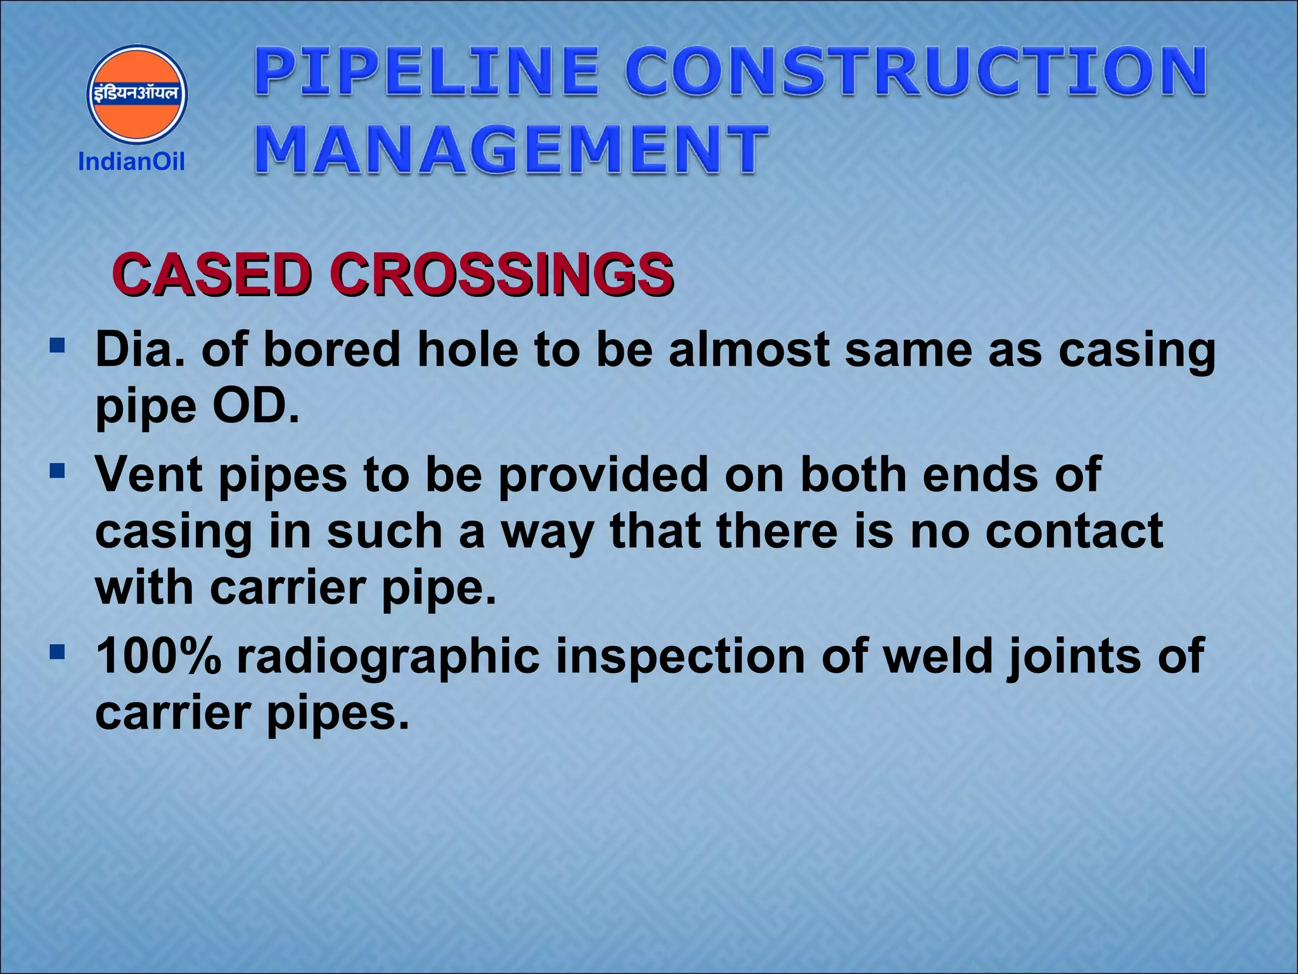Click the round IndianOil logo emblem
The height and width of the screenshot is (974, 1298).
137,94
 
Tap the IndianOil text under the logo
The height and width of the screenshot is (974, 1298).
131,162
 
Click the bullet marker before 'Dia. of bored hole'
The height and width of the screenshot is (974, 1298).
58,346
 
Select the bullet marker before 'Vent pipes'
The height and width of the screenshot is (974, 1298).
58,471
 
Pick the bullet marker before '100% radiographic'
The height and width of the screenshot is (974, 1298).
58,652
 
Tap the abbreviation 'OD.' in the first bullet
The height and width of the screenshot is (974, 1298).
255,406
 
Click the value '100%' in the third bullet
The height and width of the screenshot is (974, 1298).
158,656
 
